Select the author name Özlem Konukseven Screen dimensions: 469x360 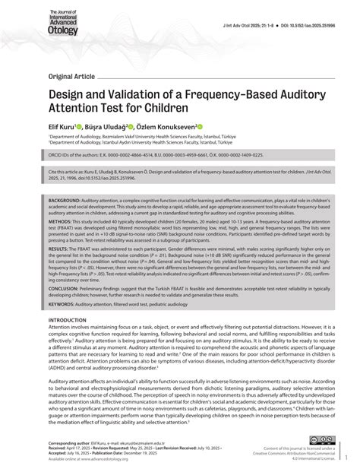166,126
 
